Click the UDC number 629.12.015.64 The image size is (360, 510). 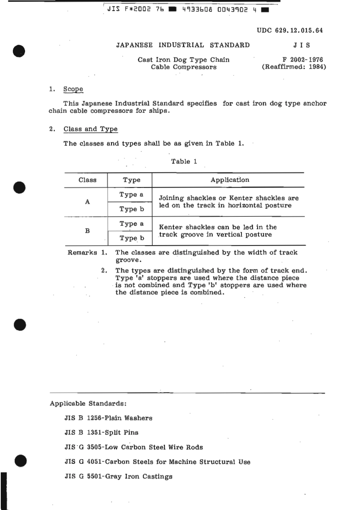click(x=290, y=31)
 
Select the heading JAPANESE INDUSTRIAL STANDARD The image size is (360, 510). click(x=183, y=45)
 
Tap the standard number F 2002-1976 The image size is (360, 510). click(x=302, y=59)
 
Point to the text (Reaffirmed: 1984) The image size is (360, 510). click(x=294, y=67)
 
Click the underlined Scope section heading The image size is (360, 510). click(x=73, y=89)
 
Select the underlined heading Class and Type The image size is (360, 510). click(x=91, y=129)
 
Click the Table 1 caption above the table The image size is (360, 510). click(x=184, y=161)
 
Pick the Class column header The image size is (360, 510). click(x=87, y=180)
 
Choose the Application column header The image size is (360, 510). click(x=230, y=180)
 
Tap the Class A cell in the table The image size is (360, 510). click(x=87, y=202)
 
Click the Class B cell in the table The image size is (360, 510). click(x=87, y=231)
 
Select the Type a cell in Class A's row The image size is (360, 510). click(x=131, y=194)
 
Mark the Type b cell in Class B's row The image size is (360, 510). click(x=131, y=238)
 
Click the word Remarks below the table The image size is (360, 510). click(x=82, y=252)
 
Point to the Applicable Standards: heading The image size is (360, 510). click(x=88, y=404)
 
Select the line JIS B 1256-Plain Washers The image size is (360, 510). click(x=108, y=418)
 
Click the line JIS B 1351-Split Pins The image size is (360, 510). click(x=101, y=432)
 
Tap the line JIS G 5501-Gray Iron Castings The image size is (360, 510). click(x=118, y=476)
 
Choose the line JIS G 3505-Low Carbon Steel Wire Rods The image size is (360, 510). click(x=133, y=447)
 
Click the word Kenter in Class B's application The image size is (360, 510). click(x=171, y=227)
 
